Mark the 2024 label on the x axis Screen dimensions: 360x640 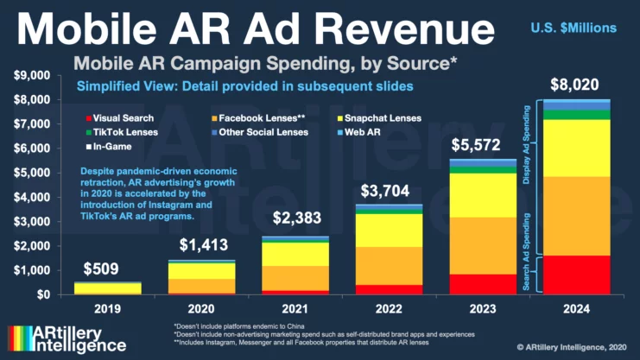[x=574, y=307]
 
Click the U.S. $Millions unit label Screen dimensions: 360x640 [x=574, y=28]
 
